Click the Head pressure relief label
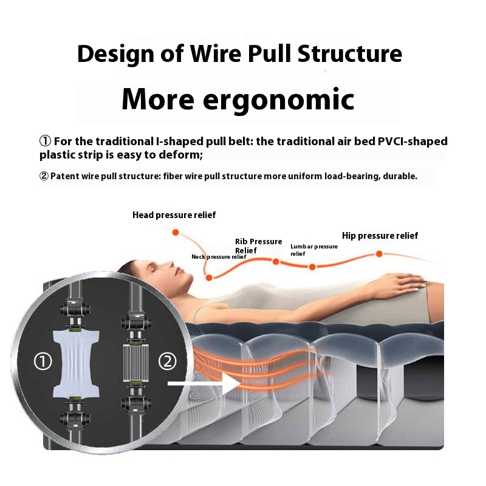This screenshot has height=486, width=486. (174, 215)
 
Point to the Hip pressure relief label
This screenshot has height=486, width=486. (380, 236)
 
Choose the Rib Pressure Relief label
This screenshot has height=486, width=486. (258, 245)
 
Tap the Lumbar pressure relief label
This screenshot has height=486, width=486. (313, 250)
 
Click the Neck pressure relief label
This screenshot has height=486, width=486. (219, 257)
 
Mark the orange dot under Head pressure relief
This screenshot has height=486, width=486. (176, 232)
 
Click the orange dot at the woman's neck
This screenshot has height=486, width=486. (209, 278)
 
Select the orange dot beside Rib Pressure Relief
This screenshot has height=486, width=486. (275, 262)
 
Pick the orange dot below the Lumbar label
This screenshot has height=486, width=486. (312, 267)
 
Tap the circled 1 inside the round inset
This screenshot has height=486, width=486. (43, 362)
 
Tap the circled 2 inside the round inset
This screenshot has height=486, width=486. (167, 362)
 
